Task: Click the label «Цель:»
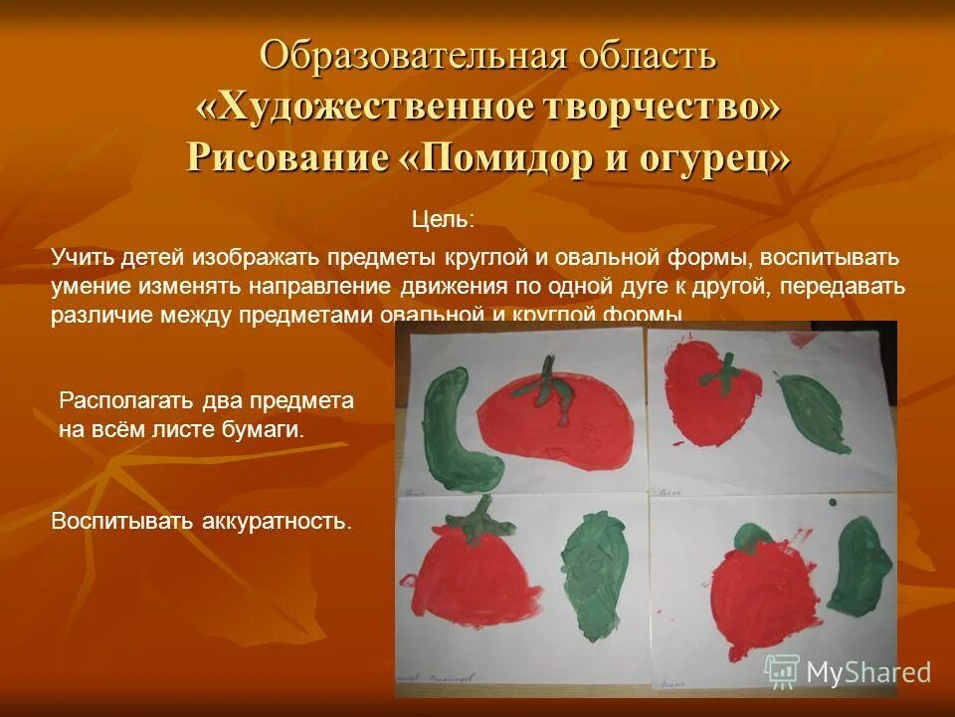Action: coord(443,218)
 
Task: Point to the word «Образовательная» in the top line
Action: coord(387,56)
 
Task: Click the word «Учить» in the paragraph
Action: coord(83,257)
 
